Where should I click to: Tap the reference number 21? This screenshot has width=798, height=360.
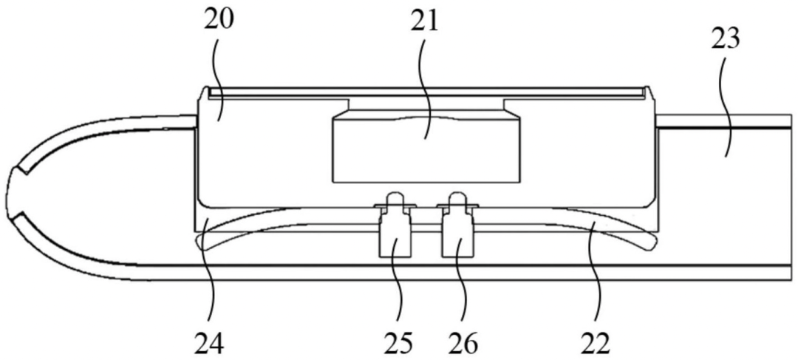(424, 22)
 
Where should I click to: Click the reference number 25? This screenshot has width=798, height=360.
(399, 342)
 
